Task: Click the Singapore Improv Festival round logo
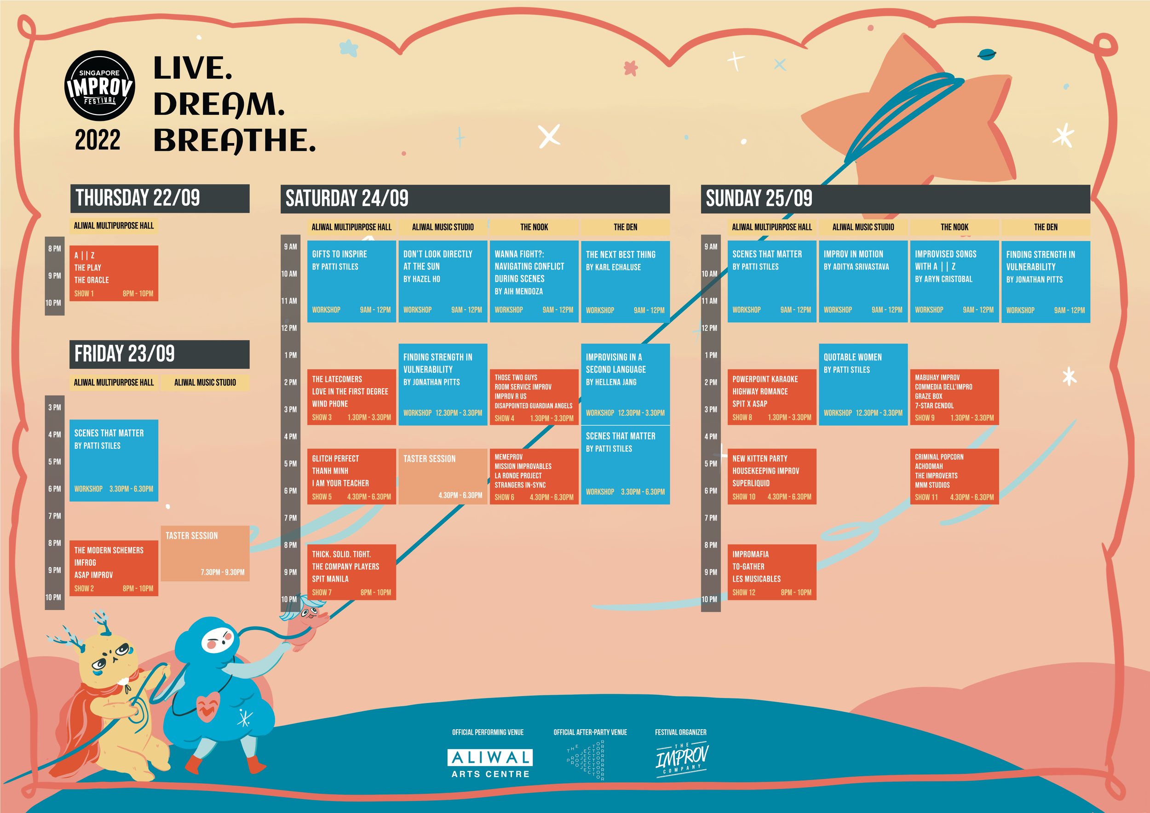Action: (100, 86)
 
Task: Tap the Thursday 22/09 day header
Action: (160, 198)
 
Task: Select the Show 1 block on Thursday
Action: (114, 273)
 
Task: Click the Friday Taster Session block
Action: (205, 553)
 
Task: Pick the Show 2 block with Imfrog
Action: (114, 568)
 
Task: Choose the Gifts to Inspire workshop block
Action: (351, 281)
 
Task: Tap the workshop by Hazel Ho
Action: (443, 281)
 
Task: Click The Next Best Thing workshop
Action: (625, 282)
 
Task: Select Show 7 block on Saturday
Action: (351, 572)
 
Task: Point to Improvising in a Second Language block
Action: (625, 384)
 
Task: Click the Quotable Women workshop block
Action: (863, 384)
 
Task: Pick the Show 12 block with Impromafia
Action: (772, 572)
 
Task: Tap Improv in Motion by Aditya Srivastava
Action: (863, 281)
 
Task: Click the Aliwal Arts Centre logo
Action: (490, 763)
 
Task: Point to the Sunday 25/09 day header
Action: (896, 199)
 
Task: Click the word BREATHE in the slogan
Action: (235, 140)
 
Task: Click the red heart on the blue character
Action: (208, 706)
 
